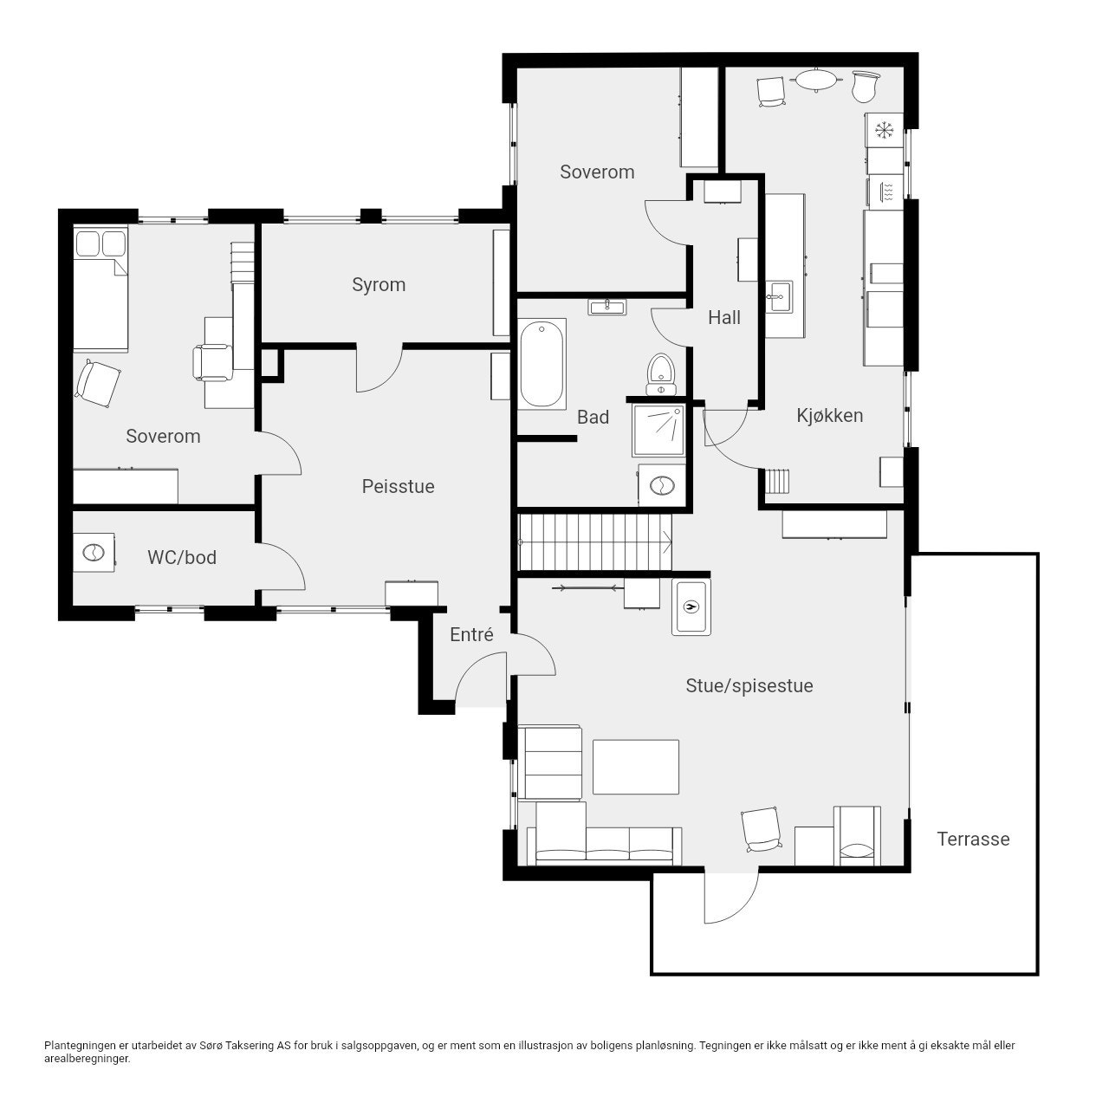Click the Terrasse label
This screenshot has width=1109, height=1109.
pyautogui.click(x=973, y=839)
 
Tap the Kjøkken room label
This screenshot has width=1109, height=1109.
pyautogui.click(x=830, y=416)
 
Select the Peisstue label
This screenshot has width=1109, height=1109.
pyautogui.click(x=398, y=486)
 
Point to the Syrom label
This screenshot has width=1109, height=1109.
pyautogui.click(x=379, y=285)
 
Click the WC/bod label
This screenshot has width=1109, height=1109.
pyautogui.click(x=182, y=557)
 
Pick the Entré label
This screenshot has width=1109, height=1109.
pyautogui.click(x=471, y=635)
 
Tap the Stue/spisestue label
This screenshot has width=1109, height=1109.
pyautogui.click(x=749, y=686)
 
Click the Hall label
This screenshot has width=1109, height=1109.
pyautogui.click(x=724, y=317)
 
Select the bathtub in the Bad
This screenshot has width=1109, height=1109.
pyautogui.click(x=542, y=364)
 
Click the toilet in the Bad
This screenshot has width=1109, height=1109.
pyautogui.click(x=661, y=374)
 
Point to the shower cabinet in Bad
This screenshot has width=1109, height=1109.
pyautogui.click(x=659, y=431)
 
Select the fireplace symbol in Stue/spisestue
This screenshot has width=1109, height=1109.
pyautogui.click(x=691, y=606)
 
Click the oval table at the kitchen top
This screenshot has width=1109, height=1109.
pyautogui.click(x=816, y=80)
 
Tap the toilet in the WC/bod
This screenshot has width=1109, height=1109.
pyautogui.click(x=94, y=553)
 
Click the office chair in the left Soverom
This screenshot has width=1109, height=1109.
pyautogui.click(x=211, y=362)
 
